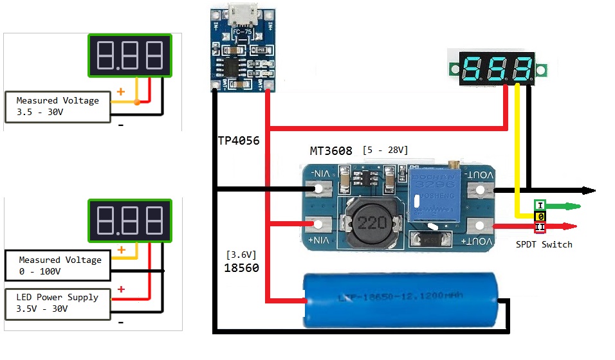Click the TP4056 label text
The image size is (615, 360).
(x=239, y=140)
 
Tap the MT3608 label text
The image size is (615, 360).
(x=331, y=151)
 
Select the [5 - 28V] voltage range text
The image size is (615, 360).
(x=385, y=150)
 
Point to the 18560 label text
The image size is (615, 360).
(x=241, y=268)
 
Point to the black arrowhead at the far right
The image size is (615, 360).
(x=588, y=190)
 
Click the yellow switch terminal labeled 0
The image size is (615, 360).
(x=540, y=216)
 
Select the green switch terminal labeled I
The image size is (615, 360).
(x=540, y=205)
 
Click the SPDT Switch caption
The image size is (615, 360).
(x=544, y=244)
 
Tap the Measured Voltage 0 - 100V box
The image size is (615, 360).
(x=58, y=266)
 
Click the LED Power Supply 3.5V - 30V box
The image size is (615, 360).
(x=58, y=303)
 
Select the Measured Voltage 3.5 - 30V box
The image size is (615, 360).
(x=58, y=107)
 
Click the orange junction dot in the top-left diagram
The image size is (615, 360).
(x=137, y=102)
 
